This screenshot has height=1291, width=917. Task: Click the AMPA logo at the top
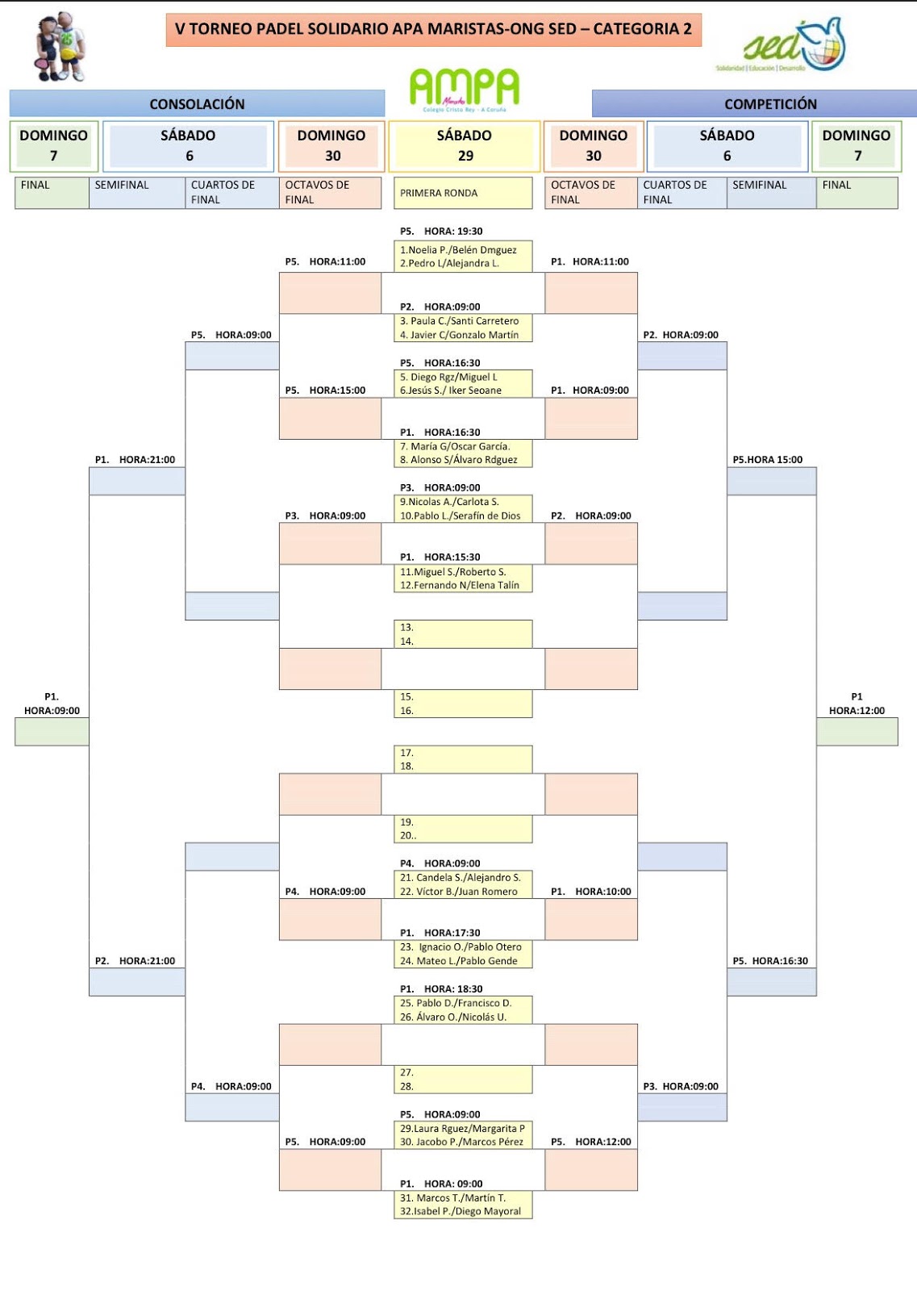coord(465,89)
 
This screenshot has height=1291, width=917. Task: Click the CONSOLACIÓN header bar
coord(197,103)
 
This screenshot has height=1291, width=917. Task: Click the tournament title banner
coord(433,29)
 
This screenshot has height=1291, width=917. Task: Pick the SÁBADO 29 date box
coord(465,146)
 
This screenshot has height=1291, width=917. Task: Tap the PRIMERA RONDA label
coord(439,193)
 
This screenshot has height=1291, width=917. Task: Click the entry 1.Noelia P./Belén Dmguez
coord(458,250)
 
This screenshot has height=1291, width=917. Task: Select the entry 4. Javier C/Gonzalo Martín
coord(460,335)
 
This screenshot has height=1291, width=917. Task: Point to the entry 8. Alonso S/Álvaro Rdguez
coord(459,460)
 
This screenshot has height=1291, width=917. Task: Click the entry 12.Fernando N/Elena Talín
coord(460,585)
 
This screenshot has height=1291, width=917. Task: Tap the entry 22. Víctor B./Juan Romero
coord(459,892)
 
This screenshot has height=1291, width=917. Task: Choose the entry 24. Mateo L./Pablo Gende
coord(459,961)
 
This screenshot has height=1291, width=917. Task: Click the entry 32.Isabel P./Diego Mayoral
coord(461,1211)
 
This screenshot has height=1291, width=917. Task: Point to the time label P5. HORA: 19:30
coord(441,231)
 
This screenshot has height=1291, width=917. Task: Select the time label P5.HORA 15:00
coord(767,460)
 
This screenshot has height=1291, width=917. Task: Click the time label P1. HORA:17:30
coord(440,933)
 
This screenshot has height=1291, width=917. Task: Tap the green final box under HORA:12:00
coord(857,732)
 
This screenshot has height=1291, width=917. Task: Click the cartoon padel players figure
coord(60,47)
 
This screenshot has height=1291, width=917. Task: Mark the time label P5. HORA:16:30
coord(770,961)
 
